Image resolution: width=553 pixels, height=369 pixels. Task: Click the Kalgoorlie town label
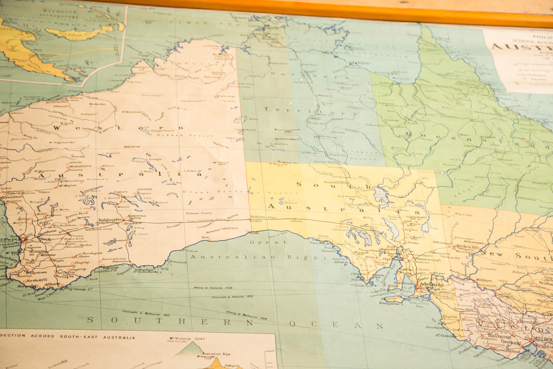(x=110, y=220)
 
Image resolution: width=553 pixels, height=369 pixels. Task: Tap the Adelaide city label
(x=431, y=285)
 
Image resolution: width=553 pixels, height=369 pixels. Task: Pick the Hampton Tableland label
(x=222, y=230)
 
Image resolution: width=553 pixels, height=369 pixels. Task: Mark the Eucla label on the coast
(x=254, y=233)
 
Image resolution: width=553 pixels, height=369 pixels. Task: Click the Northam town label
(x=47, y=232)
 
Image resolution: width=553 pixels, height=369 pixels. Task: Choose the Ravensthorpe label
(x=114, y=258)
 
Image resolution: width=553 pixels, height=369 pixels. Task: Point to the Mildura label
(x=484, y=280)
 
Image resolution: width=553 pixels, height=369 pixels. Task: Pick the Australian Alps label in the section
(x=216, y=354)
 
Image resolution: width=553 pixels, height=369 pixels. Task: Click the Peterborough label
(x=428, y=259)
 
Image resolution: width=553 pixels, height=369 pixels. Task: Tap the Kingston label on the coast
(x=450, y=316)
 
